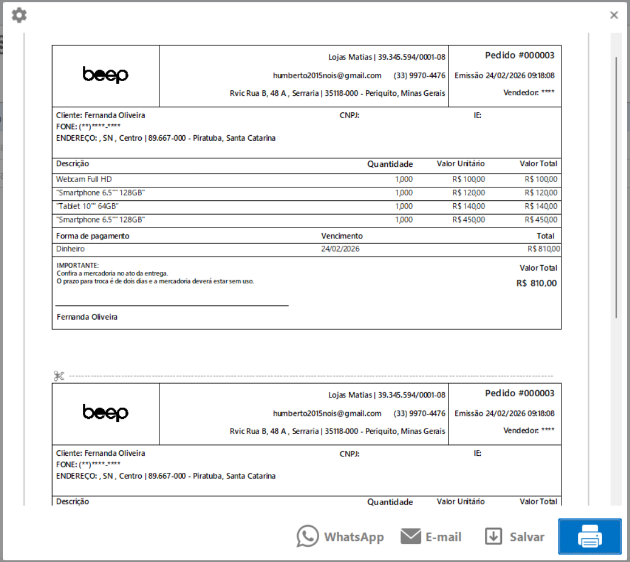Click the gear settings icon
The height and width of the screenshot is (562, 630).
point(19,15)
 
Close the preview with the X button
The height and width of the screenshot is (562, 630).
point(614,15)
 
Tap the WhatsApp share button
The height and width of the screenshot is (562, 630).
point(340,536)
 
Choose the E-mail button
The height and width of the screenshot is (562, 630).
point(431,536)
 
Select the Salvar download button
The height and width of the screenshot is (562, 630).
point(514,536)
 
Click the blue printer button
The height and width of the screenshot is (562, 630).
point(590,536)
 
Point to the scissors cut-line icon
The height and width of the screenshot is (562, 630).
point(59,376)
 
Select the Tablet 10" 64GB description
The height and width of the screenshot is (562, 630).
point(87,206)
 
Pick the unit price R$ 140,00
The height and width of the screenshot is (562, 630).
point(468,206)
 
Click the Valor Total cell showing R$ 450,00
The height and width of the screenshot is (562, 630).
point(541,220)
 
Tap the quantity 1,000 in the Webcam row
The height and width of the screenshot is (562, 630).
point(404,179)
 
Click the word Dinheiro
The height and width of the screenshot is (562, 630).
point(70,249)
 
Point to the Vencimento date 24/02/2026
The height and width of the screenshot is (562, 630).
point(340,249)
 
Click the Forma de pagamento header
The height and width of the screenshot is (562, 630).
point(92,236)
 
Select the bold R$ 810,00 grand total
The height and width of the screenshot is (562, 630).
point(536,283)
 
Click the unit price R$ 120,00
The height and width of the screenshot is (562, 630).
point(468,193)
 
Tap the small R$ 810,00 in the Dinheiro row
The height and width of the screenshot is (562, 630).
point(543,249)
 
